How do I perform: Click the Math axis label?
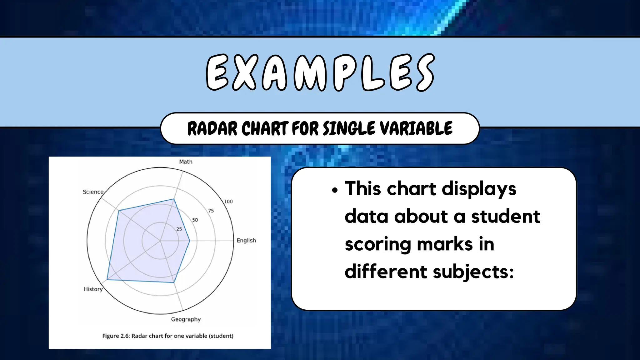point(186,162)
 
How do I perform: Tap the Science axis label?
point(93,192)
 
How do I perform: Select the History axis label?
point(93,289)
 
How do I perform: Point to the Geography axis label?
point(186,319)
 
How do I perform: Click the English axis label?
point(246,240)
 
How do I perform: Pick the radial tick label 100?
point(228,202)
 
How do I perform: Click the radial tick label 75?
point(211,211)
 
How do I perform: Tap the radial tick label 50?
point(195,220)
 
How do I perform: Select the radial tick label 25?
point(179,229)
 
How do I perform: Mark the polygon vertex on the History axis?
point(107,279)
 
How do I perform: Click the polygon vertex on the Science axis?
point(119,211)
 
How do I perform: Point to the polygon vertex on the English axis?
point(190,241)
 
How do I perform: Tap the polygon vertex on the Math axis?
point(174,199)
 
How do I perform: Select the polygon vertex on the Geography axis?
point(174,282)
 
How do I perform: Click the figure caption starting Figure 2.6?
point(168,336)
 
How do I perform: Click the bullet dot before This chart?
point(335,190)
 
